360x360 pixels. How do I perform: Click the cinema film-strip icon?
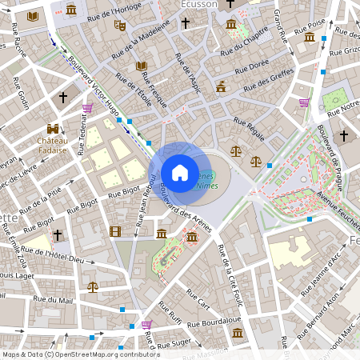[117, 232]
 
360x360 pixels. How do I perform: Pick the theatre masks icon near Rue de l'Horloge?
[120, 26]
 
